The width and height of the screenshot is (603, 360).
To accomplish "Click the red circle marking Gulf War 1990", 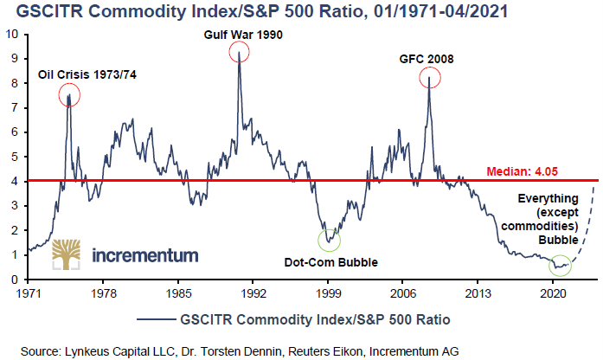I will tap(239, 52).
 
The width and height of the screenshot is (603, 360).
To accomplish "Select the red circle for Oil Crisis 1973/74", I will tap(69, 95).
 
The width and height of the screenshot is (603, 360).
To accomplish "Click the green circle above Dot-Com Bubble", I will tap(330, 240).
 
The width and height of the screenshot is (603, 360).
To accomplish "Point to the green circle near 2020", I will tap(561, 265).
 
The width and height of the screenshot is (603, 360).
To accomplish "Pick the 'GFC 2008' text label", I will tap(427, 60).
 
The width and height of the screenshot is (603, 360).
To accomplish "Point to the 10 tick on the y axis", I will tap(12, 35).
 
